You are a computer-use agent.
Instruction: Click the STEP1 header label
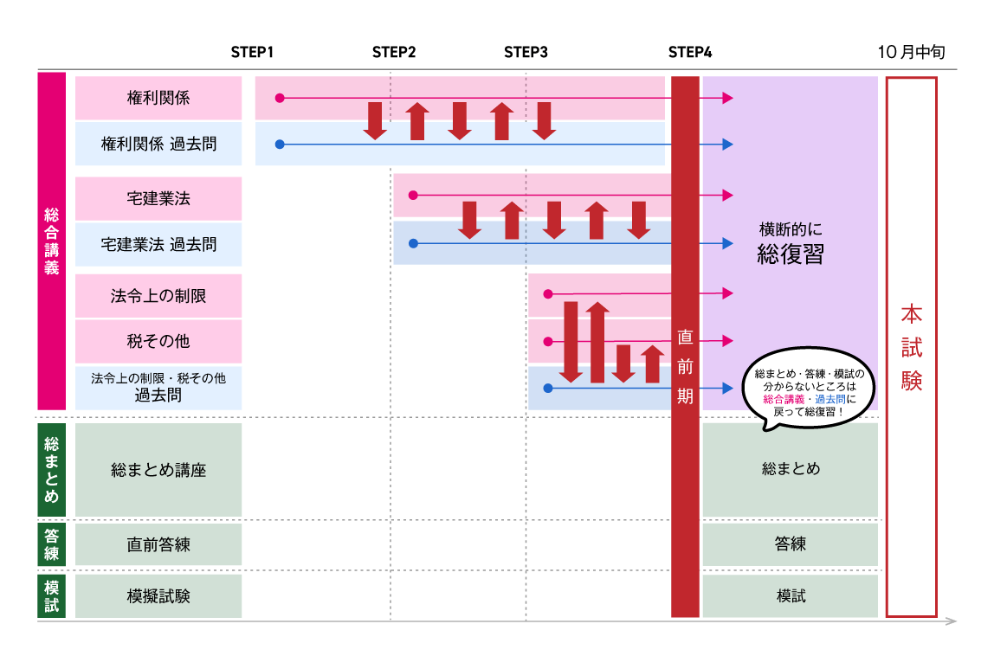click(x=252, y=52)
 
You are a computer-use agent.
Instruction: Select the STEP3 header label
click(x=526, y=52)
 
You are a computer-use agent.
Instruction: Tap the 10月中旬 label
click(x=911, y=52)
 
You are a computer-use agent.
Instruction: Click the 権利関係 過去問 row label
click(x=158, y=144)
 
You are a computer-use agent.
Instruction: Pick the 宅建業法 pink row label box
click(x=158, y=199)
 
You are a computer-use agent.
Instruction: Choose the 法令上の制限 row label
click(x=158, y=296)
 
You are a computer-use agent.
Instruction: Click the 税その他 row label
click(x=158, y=341)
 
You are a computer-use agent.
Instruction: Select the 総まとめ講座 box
click(x=158, y=470)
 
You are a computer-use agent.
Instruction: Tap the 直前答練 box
click(x=158, y=545)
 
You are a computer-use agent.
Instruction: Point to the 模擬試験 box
click(x=158, y=596)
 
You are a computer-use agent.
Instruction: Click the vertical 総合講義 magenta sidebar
click(x=52, y=241)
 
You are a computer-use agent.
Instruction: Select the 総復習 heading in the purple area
click(x=790, y=254)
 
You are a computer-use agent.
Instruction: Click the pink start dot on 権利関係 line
click(x=280, y=98)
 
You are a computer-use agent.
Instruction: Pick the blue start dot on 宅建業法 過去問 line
click(x=413, y=243)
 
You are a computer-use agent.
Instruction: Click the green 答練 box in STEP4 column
click(x=790, y=544)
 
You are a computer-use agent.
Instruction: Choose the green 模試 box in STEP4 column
click(x=790, y=596)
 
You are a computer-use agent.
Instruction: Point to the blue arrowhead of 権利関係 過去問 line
click(x=728, y=145)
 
